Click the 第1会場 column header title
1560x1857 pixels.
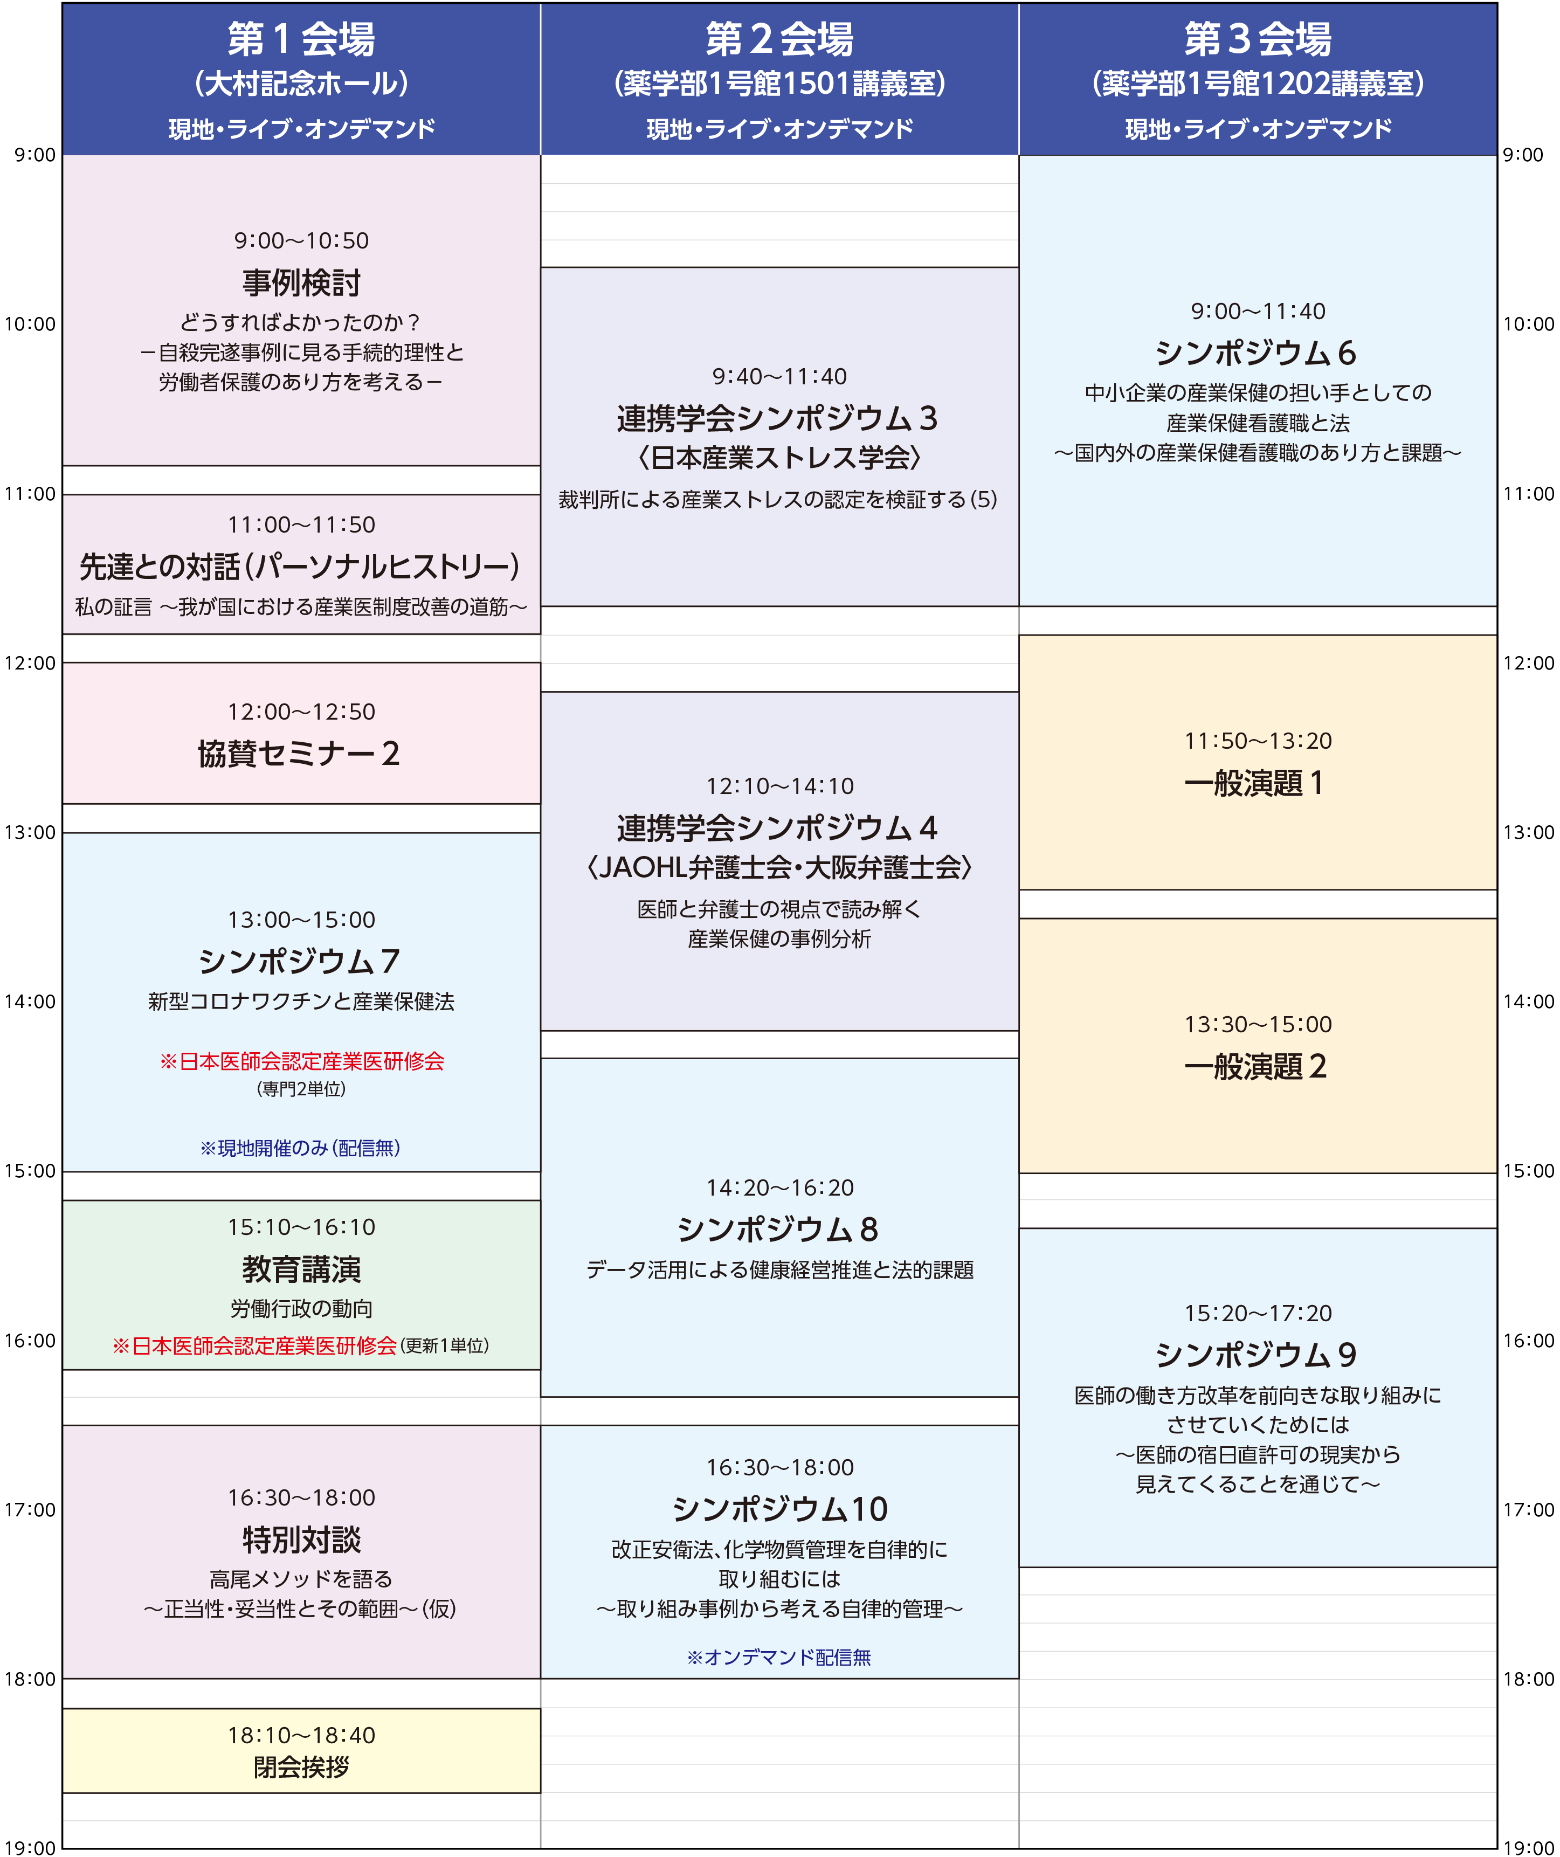[301, 39]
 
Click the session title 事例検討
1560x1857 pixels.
[301, 283]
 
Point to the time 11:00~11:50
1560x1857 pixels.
[301, 525]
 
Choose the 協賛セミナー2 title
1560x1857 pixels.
[299, 754]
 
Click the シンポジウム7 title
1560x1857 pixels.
[299, 961]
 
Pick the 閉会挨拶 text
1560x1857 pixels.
[301, 1767]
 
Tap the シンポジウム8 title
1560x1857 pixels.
[777, 1229]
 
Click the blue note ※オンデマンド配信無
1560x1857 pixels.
[779, 1657]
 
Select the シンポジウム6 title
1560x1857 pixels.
[1256, 353]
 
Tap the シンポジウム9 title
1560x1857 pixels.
[1256, 1355]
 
